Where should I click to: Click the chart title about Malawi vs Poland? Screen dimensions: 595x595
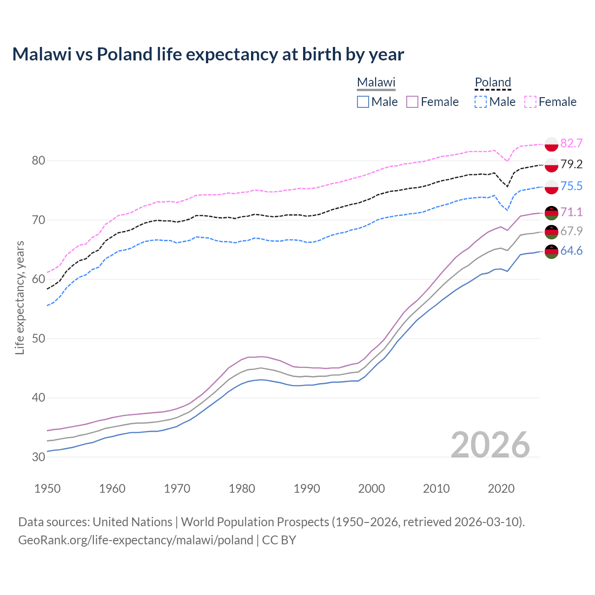point(208,54)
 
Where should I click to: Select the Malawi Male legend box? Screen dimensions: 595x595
point(363,102)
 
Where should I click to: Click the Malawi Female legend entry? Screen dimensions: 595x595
point(432,102)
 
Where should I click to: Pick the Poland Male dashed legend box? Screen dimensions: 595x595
point(481,102)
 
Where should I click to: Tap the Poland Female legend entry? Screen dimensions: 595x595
point(550,102)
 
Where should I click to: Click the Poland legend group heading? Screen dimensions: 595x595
point(493,83)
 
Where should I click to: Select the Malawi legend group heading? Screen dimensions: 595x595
point(376,83)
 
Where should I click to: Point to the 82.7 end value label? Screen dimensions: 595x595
point(571,143)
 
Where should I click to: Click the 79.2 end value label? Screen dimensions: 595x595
point(571,164)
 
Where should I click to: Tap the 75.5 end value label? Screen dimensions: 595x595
point(571,186)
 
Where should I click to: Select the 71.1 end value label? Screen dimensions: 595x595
point(571,212)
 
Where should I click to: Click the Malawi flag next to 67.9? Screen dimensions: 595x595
point(551,231)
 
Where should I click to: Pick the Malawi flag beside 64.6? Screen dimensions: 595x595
point(551,251)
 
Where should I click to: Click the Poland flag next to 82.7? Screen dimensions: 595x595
point(551,144)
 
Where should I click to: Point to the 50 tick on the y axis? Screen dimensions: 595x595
point(39,338)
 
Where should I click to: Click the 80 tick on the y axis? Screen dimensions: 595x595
point(39,161)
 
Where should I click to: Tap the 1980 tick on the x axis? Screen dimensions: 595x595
point(242,489)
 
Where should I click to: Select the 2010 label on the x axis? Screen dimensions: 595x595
point(436,489)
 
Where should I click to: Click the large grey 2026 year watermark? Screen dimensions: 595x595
point(490,445)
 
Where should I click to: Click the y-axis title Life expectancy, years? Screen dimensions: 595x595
point(20,297)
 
